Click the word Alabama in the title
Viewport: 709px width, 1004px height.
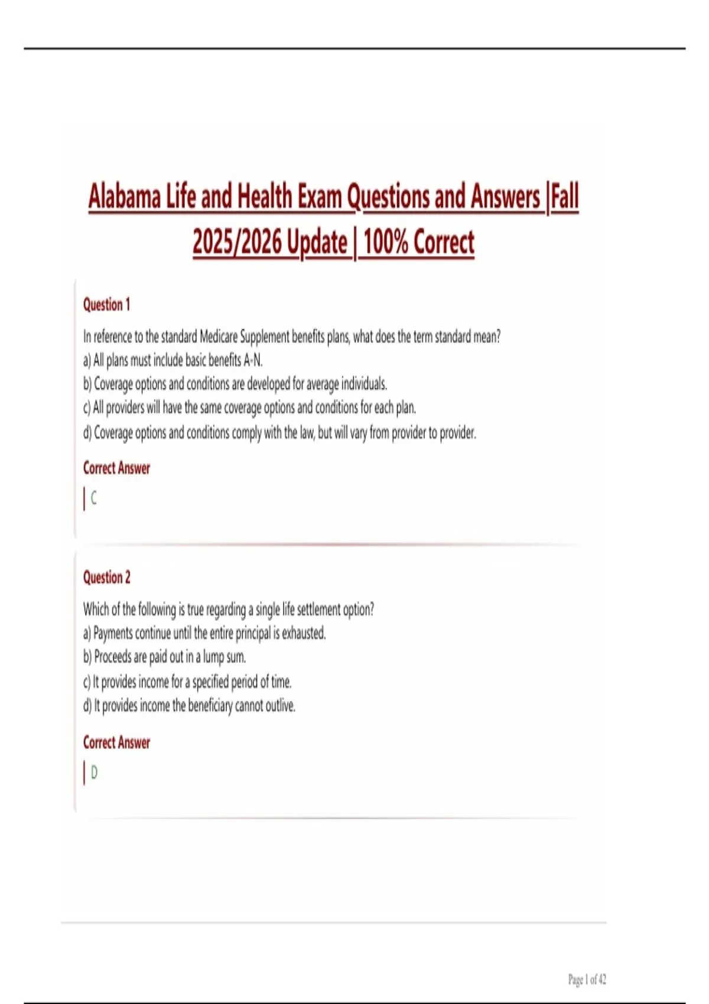[x=125, y=197]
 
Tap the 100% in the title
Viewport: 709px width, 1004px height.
[x=385, y=242]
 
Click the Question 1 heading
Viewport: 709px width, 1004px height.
[x=106, y=305]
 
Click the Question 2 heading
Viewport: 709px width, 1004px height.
[x=106, y=577]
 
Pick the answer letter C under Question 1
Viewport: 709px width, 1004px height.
[x=94, y=498]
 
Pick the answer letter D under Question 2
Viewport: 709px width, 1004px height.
[x=94, y=772]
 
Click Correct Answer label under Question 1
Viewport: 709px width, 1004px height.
[x=116, y=468]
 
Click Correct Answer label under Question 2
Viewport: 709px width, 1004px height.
[x=116, y=742]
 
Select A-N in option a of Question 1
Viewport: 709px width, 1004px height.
[x=253, y=360]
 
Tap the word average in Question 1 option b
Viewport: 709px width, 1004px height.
[x=323, y=384]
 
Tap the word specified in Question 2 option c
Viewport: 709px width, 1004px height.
[x=210, y=682]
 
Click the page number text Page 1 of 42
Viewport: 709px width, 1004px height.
[x=587, y=980]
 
